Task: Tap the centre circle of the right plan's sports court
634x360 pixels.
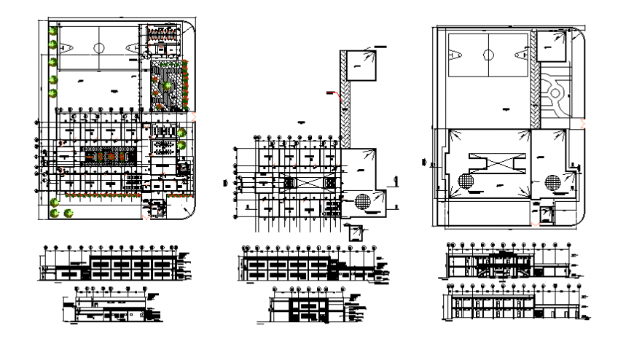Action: pyautogui.click(x=488, y=54)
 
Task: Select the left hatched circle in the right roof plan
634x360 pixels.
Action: pyautogui.click(x=466, y=181)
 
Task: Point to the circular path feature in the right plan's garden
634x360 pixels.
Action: pyautogui.click(x=555, y=93)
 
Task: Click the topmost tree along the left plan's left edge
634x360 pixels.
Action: pyautogui.click(x=53, y=29)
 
